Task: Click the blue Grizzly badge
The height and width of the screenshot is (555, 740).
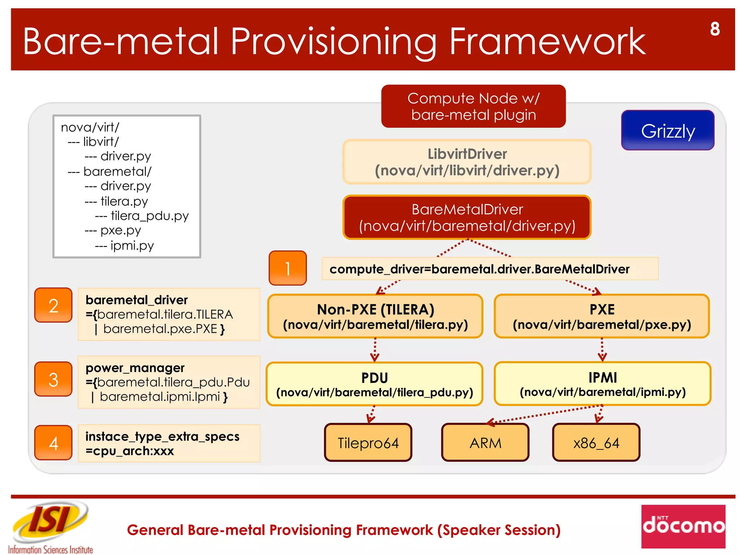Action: [667, 130]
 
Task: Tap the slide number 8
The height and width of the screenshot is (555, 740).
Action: [714, 29]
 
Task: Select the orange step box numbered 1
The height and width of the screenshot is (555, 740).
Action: [288, 268]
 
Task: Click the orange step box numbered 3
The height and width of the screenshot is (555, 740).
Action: [53, 379]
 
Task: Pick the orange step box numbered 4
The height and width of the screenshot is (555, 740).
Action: [53, 443]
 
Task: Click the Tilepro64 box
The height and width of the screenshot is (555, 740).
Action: [368, 443]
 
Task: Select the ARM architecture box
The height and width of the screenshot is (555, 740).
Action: [485, 443]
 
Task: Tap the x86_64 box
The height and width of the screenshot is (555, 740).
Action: [596, 443]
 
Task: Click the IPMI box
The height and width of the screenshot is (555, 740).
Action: [602, 384]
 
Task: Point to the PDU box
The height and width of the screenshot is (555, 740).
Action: [374, 384]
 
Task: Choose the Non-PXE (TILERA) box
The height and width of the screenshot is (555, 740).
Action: [375, 317]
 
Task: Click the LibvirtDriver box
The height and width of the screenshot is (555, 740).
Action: [467, 162]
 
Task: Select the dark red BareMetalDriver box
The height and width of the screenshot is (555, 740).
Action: [467, 218]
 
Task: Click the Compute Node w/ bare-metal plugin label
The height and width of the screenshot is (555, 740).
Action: [473, 106]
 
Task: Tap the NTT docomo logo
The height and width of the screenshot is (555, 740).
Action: [683, 526]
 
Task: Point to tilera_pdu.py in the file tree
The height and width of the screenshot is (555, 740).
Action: [149, 216]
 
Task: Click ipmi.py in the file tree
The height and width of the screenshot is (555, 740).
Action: [132, 245]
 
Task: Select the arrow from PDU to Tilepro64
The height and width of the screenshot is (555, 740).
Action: [371, 414]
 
